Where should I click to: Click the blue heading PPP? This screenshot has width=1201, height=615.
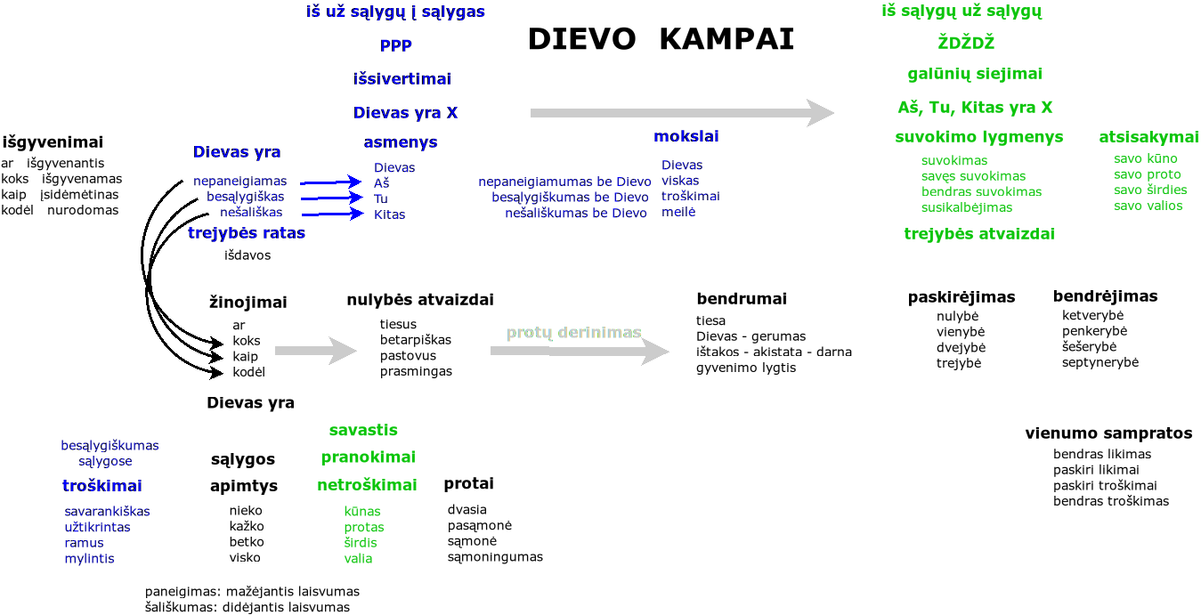click(396, 45)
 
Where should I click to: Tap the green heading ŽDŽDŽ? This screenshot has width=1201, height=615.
click(965, 43)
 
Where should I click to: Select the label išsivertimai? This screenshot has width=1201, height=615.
click(402, 78)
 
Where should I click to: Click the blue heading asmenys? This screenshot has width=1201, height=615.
click(401, 142)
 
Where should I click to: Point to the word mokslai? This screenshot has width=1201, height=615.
click(686, 137)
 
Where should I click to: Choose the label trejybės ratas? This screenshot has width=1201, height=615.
click(247, 233)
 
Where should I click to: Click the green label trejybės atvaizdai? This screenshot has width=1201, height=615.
click(979, 234)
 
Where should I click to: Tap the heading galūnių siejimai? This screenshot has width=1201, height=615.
click(975, 74)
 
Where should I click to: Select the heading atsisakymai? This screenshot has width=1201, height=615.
click(1148, 137)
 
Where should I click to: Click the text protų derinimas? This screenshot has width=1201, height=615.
click(574, 333)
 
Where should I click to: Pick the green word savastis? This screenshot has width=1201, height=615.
click(363, 431)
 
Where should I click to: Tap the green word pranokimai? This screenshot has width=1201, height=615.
click(368, 457)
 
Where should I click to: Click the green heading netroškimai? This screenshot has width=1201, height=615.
click(367, 486)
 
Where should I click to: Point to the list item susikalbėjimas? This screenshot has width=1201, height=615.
click(966, 207)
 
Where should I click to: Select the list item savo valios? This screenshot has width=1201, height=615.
click(1148, 206)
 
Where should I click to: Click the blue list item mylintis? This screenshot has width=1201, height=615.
click(89, 559)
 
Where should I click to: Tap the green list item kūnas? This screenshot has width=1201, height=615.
click(362, 512)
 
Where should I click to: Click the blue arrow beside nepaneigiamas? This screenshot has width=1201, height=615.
click(330, 182)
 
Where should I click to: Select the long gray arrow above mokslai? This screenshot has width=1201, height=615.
click(682, 113)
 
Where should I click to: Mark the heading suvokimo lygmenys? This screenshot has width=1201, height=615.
click(978, 137)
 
